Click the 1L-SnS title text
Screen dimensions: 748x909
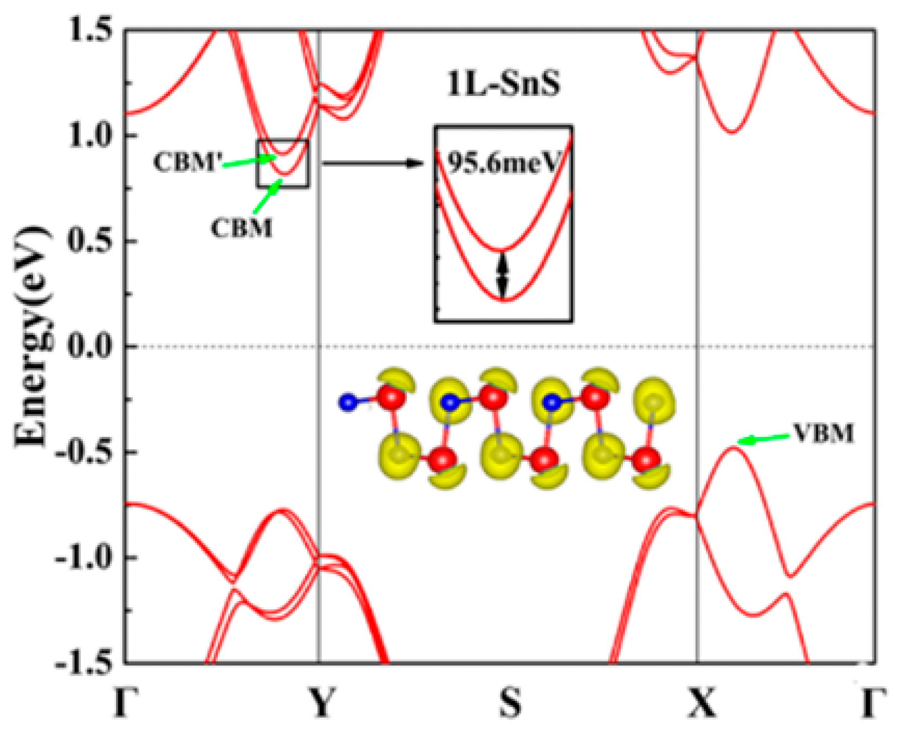(x=503, y=85)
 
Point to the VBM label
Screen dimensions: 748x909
(x=824, y=434)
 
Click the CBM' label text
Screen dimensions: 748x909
(x=187, y=162)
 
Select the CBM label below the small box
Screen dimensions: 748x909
(x=242, y=228)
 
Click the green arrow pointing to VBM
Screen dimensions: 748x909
(x=764, y=439)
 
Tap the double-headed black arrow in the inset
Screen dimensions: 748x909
(x=503, y=275)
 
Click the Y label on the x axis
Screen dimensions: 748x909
(x=322, y=703)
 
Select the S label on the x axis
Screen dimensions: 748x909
(x=510, y=703)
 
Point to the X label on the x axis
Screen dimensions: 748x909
(x=702, y=703)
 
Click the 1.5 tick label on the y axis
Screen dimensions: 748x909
(x=92, y=30)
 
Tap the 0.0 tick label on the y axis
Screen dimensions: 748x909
(x=92, y=346)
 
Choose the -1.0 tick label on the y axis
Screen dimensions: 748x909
(x=87, y=557)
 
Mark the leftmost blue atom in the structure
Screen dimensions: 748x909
(x=348, y=402)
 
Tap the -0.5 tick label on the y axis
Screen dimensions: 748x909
(x=87, y=452)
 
